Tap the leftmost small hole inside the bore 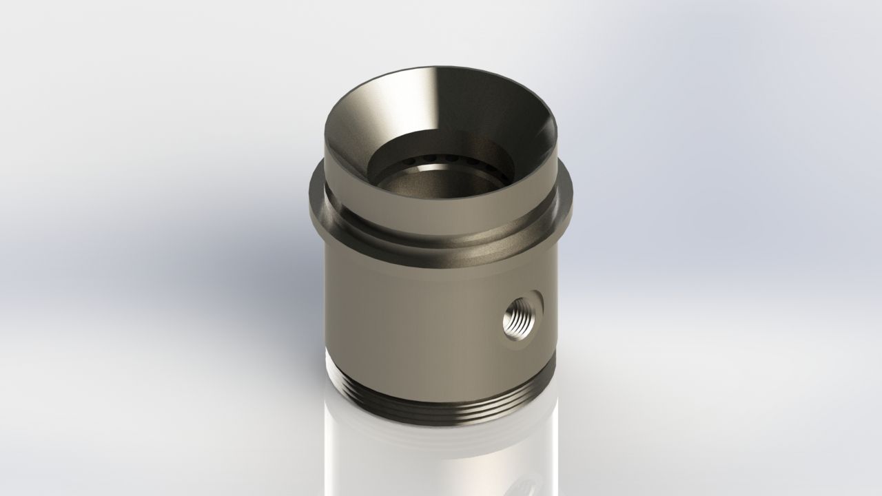(x=409, y=161)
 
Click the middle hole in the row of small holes (x=451, y=158)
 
